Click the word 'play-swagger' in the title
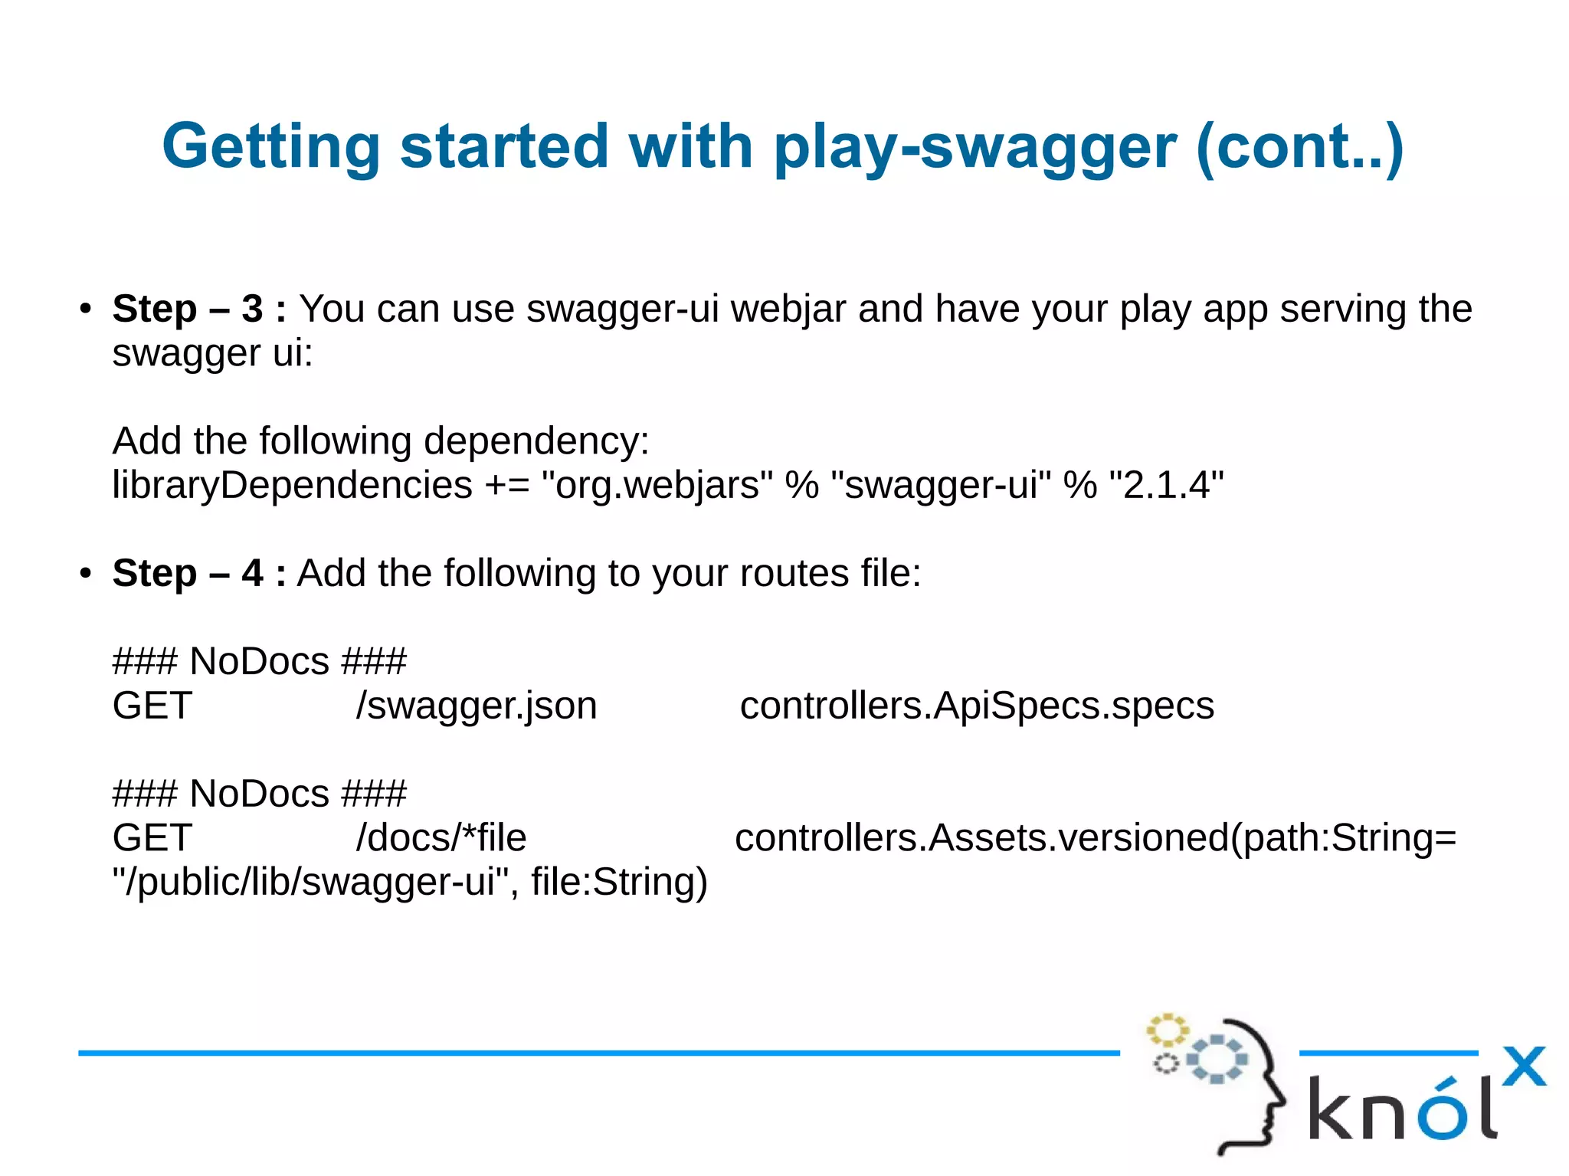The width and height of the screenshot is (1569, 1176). [974, 147]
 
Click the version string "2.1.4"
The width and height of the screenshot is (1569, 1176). [1166, 485]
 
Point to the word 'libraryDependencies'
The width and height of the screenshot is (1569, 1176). [292, 485]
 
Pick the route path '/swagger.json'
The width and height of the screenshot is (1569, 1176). [476, 706]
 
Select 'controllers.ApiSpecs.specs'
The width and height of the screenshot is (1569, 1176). [977, 706]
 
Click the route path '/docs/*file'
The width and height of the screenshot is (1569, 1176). [441, 837]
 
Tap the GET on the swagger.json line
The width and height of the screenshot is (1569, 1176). [152, 706]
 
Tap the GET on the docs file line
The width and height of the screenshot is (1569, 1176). [152, 837]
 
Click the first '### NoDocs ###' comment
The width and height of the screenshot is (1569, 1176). [259, 661]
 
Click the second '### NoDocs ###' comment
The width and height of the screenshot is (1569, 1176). [259, 794]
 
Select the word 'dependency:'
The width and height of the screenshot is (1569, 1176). [536, 441]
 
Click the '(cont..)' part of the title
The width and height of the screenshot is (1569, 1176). [1299, 147]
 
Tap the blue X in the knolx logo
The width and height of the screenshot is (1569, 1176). [1523, 1066]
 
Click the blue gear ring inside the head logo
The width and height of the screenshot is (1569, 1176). [1217, 1060]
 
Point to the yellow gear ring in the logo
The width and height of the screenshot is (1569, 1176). [1167, 1030]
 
